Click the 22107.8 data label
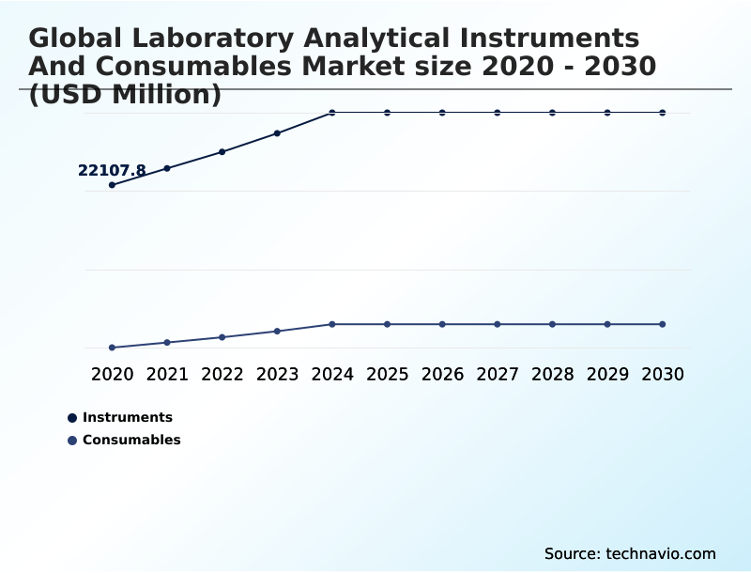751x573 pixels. pos(112,170)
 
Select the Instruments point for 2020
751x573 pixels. pos(112,185)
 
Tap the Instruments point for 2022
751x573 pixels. pos(222,151)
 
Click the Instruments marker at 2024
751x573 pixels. pos(332,113)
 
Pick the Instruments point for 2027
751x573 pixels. pos(498,113)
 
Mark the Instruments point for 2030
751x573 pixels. pos(663,113)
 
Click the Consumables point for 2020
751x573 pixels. pos(112,348)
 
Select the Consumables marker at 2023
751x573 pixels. pos(277,331)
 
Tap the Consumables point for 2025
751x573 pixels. pos(387,324)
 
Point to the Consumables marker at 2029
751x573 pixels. pos(607,324)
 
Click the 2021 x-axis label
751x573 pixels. pos(167,374)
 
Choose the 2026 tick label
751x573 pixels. pos(442,374)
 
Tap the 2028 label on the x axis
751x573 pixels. pos(552,374)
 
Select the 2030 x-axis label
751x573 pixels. pos(663,374)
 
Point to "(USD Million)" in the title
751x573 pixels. pos(125,95)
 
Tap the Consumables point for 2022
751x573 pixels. pos(222,337)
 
